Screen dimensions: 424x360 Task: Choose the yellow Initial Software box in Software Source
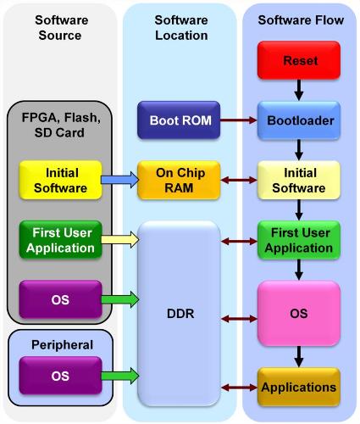coord(58,181)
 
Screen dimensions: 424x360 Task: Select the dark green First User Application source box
coord(58,241)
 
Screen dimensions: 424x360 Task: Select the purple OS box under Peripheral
coord(58,374)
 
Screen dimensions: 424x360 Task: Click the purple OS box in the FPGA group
coord(58,301)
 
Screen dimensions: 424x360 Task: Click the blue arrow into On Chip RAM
coord(118,180)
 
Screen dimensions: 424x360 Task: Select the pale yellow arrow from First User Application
coord(118,240)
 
